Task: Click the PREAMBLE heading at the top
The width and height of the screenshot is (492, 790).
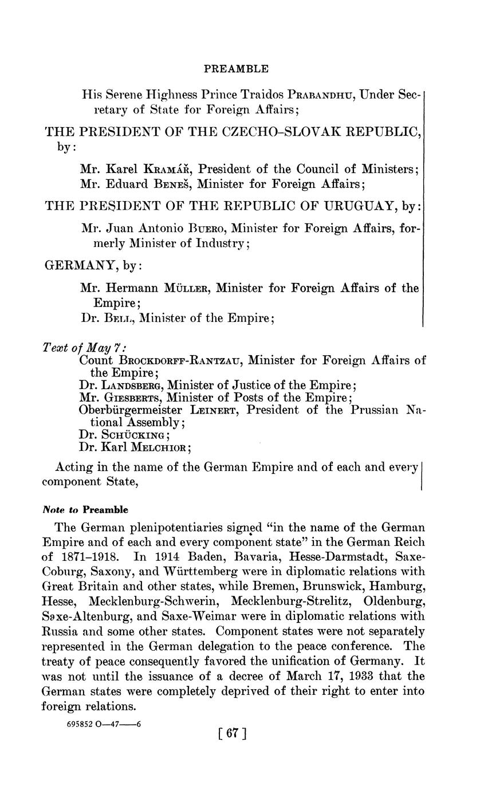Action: coord(236,69)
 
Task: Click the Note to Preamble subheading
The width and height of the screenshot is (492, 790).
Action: coord(85,510)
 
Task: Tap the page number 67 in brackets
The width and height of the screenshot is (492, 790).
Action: coord(233,733)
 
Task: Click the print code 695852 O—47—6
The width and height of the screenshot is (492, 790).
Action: coord(104,724)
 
